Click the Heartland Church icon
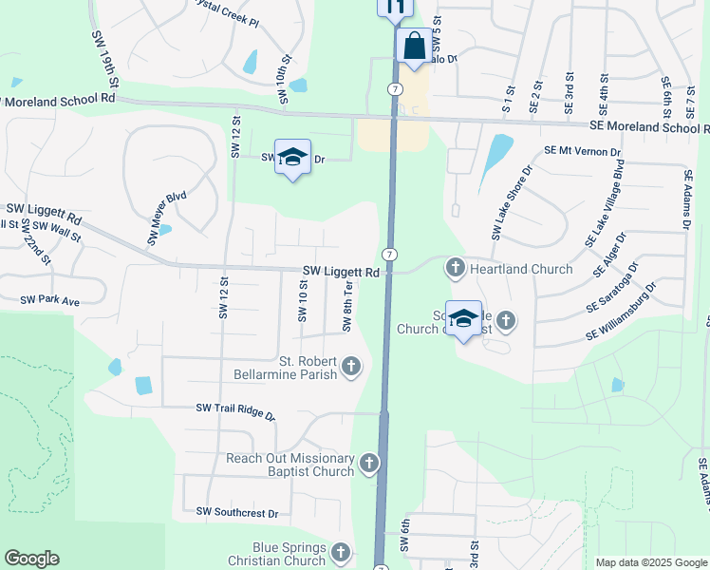coord(456,269)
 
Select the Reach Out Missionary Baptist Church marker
coord(368,464)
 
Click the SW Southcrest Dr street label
coord(237,513)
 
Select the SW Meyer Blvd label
coord(167,218)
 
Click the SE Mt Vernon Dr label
coord(582,151)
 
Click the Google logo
coord(31,559)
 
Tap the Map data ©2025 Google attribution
coord(650,562)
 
